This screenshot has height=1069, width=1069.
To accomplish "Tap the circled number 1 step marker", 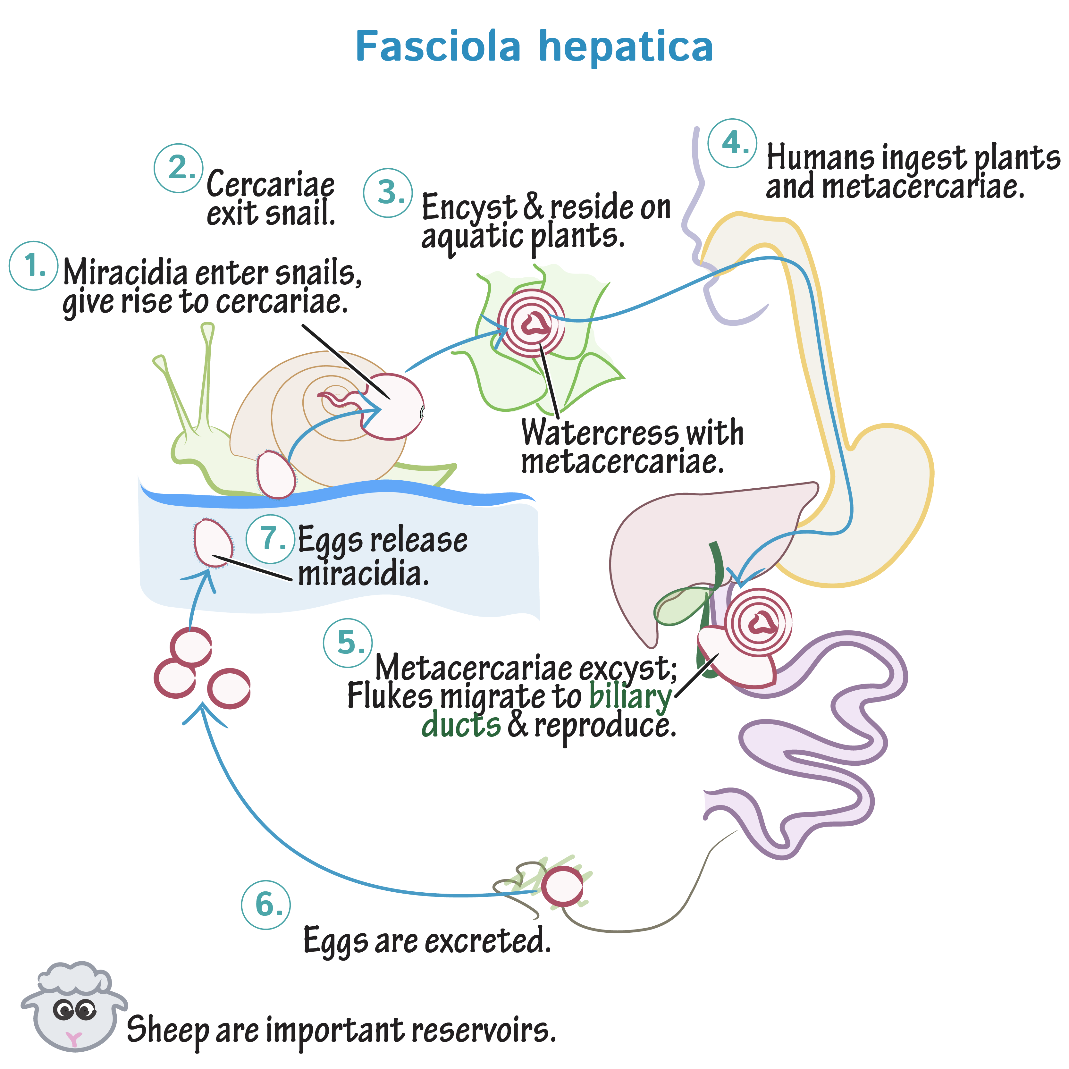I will [x=34, y=265].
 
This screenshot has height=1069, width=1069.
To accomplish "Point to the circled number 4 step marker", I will [x=732, y=143].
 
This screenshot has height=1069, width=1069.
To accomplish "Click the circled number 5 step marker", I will [x=348, y=643].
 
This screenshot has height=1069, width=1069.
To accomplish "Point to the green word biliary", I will [x=630, y=696].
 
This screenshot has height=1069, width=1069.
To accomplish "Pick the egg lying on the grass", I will [x=562, y=887].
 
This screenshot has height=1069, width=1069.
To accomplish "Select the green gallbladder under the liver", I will [x=681, y=606].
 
